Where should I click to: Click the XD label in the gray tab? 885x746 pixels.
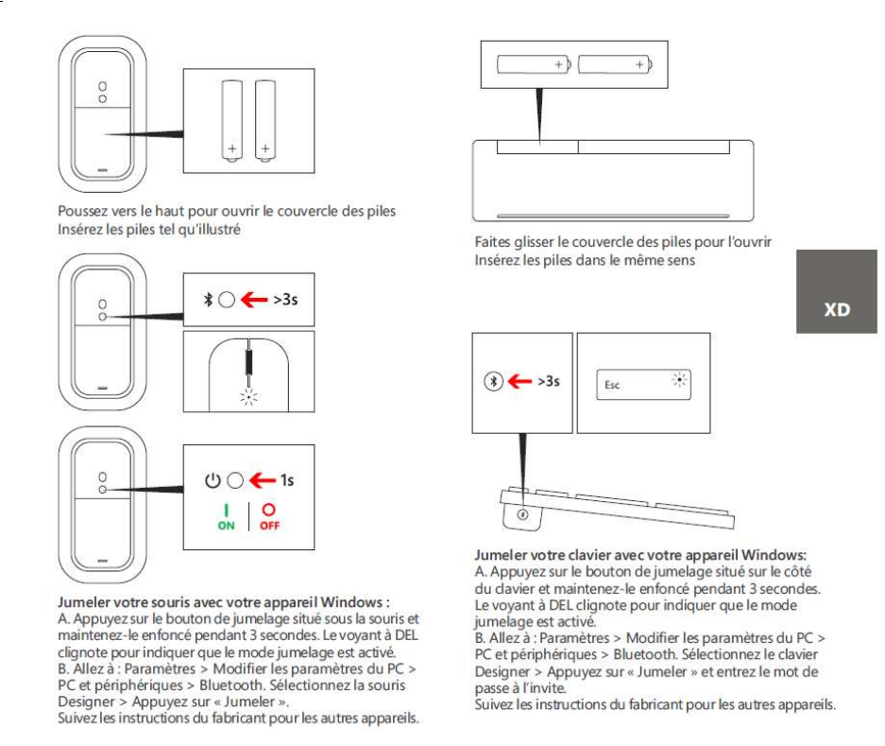(837, 308)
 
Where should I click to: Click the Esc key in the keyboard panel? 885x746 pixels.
(611, 385)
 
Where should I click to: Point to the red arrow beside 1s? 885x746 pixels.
(255, 481)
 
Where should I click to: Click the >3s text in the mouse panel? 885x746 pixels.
(289, 302)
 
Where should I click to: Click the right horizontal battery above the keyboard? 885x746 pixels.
(614, 64)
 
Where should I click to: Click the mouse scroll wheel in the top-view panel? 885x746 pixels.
(248, 363)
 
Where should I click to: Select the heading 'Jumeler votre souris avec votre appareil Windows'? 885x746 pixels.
(225, 600)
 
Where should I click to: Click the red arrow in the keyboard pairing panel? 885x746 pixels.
(518, 381)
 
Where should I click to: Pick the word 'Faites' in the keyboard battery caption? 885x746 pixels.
(491, 242)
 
